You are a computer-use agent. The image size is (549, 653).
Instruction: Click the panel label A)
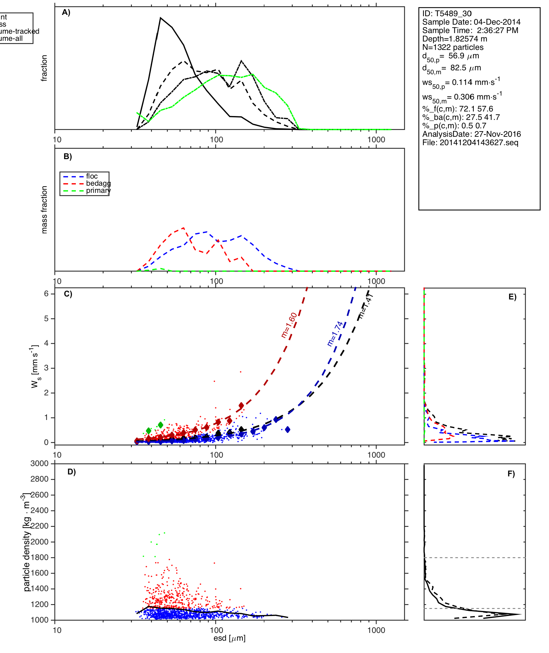[66, 12]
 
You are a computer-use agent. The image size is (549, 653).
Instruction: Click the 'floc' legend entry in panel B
[92, 176]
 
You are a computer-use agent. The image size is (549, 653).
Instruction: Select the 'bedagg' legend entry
[98, 183]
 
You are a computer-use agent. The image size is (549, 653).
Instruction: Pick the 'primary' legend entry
[98, 191]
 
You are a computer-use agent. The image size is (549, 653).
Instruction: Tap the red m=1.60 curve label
[289, 325]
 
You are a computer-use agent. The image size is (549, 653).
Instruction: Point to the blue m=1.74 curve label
[335, 333]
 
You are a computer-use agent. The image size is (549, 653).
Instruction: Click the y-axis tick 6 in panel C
[46, 294]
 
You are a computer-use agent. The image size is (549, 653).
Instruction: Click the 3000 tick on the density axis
[39, 463]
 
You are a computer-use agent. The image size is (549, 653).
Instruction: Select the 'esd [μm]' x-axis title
[229, 638]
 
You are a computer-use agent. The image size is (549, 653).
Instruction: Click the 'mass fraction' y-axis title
[44, 210]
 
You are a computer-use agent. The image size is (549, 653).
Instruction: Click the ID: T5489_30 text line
[447, 14]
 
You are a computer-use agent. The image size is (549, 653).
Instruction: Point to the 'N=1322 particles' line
[452, 47]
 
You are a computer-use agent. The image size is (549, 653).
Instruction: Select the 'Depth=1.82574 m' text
[454, 39]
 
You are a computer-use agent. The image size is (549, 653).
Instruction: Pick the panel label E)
[512, 297]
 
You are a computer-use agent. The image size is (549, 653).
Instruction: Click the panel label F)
[511, 474]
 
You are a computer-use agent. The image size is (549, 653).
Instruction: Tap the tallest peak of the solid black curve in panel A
[160, 18]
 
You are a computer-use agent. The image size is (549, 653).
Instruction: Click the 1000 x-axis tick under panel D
[376, 630]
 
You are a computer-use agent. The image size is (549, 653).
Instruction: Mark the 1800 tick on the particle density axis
[39, 557]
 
